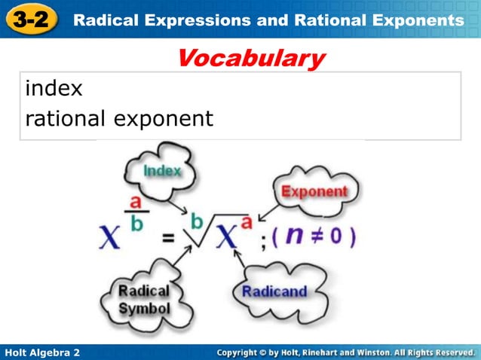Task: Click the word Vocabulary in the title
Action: pos(251,58)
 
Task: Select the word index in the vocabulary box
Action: pos(54,89)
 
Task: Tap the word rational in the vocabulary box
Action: pos(66,119)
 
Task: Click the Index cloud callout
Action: pos(162,171)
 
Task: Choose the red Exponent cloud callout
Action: pos(314,191)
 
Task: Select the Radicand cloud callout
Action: pos(274,291)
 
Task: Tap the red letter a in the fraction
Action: pos(136,203)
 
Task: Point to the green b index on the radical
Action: pos(198,221)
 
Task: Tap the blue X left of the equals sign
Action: pos(109,238)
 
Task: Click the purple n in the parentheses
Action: pos(296,236)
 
